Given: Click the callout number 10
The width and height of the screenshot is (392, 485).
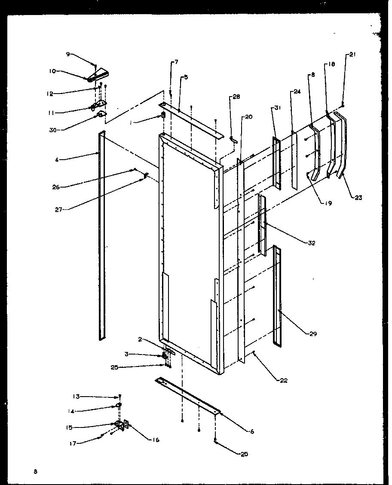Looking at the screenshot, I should (x=52, y=71).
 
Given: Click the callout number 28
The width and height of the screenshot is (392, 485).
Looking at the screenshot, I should (x=236, y=97).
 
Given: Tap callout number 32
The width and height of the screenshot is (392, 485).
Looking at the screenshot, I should (x=312, y=243).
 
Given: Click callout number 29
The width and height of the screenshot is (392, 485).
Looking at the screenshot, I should (x=313, y=334).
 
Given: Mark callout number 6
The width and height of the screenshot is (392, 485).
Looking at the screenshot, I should (x=252, y=431).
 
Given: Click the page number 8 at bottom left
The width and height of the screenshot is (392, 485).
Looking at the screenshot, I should (x=36, y=472).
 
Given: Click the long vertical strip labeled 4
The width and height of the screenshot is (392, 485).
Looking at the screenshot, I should (x=101, y=236).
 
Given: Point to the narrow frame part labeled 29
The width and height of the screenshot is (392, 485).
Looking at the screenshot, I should (x=277, y=296).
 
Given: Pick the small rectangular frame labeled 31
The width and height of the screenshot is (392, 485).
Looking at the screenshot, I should (x=276, y=163).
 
